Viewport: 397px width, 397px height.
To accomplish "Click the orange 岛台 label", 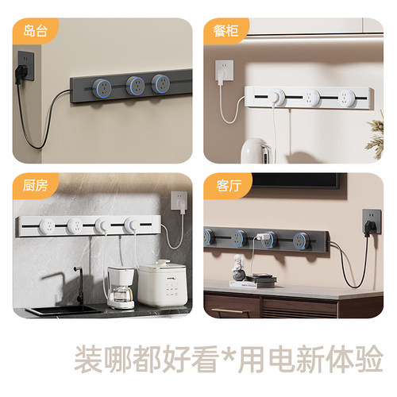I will coord(34,31).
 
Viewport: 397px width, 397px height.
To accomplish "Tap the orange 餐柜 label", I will coord(224,31).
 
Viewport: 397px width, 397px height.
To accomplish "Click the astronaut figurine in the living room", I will coord(237,279).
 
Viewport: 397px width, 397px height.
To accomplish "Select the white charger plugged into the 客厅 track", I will coord(260,238).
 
